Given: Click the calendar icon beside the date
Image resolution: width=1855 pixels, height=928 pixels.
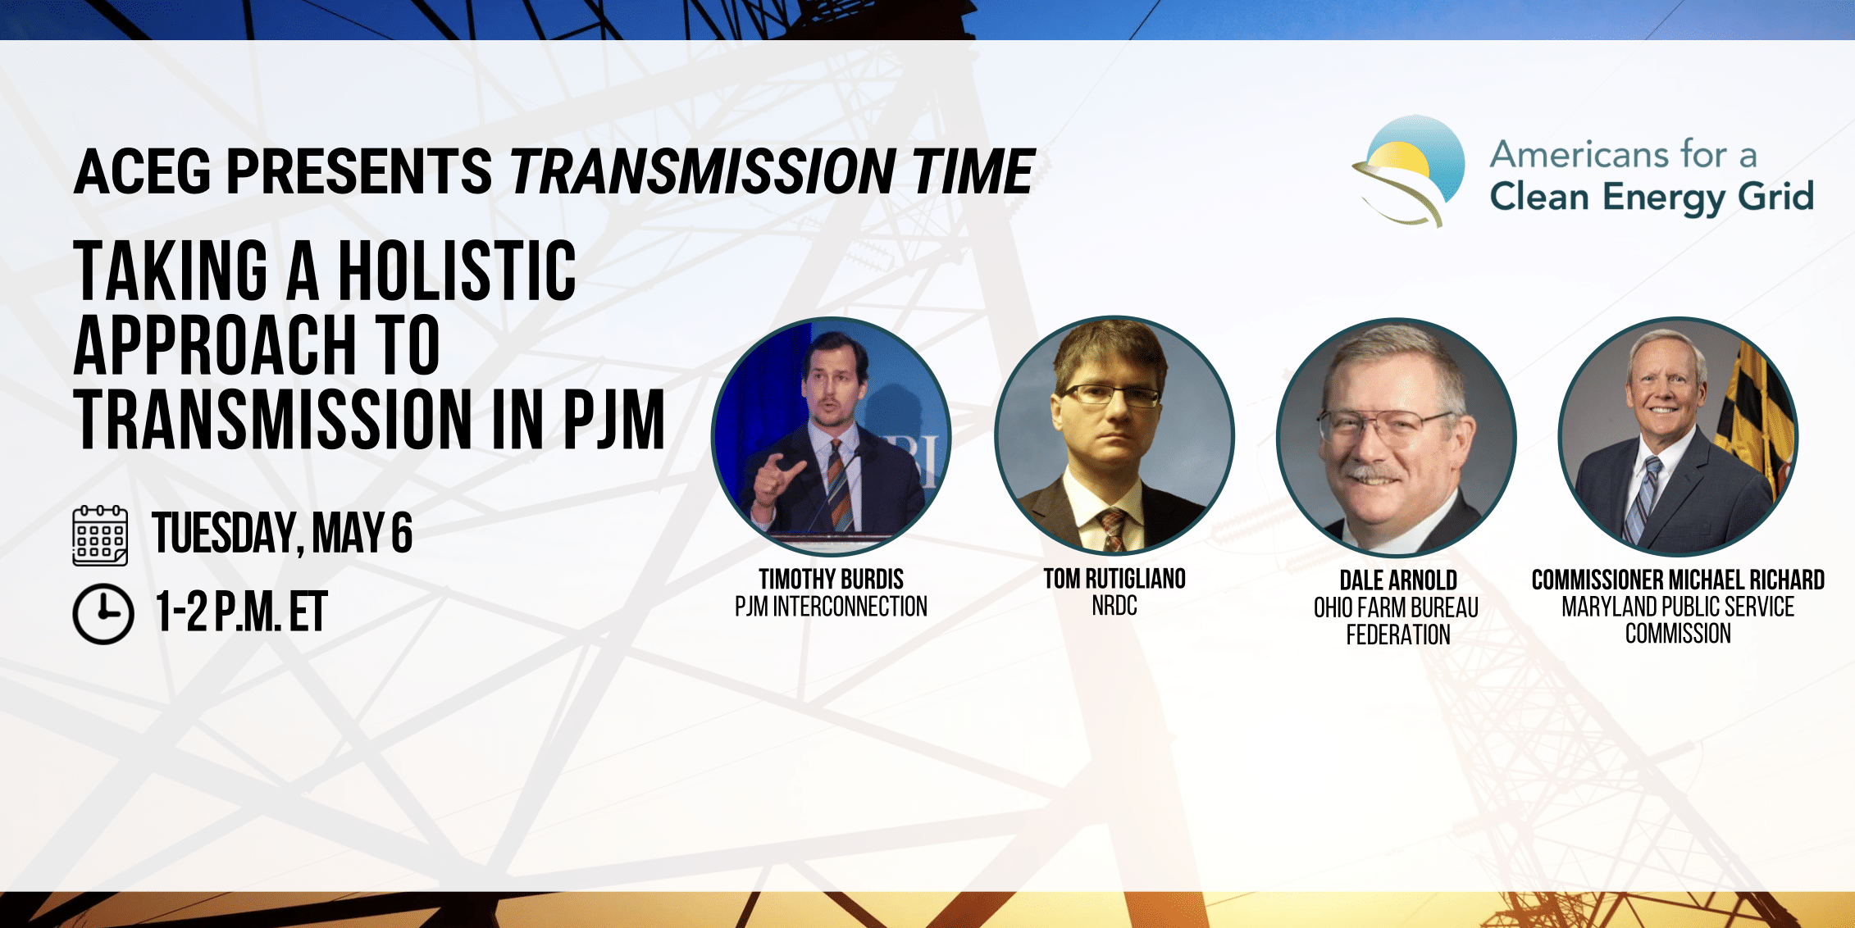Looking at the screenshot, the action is (100, 535).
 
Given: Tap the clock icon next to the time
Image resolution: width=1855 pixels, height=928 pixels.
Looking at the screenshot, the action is (103, 614).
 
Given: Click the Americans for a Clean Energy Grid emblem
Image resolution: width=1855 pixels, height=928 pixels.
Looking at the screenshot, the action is (1408, 171).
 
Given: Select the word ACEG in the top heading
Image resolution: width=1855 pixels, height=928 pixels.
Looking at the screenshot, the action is (143, 171).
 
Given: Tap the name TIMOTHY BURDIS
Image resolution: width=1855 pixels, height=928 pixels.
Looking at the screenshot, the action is (831, 580).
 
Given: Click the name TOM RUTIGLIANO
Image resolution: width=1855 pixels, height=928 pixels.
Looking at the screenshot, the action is (1114, 579).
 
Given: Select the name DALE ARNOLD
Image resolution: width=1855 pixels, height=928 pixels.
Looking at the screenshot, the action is (1398, 580).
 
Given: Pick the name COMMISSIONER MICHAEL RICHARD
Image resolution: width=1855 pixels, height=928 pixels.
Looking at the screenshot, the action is (1678, 580).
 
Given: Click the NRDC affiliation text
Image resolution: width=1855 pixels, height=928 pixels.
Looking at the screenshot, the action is (1114, 606).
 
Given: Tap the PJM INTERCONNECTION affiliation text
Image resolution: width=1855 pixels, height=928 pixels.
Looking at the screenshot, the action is (831, 607).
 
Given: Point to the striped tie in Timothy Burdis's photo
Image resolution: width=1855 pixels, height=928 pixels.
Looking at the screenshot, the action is (837, 484).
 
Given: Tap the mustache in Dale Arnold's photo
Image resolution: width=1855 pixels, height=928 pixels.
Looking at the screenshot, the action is (1374, 475).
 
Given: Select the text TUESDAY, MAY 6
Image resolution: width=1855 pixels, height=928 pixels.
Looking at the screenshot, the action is (282, 534).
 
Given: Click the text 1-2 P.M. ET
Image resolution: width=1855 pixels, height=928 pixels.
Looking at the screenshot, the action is (241, 612).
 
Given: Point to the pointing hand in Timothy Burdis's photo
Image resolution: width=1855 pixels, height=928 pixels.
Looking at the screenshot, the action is (776, 480).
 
